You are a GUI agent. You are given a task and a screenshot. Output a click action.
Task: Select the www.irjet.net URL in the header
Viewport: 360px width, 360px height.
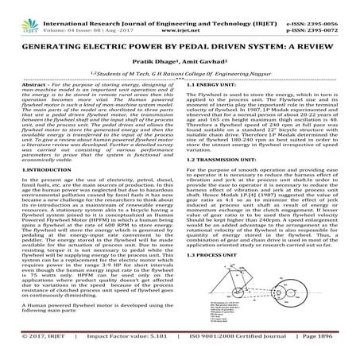(180, 14)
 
